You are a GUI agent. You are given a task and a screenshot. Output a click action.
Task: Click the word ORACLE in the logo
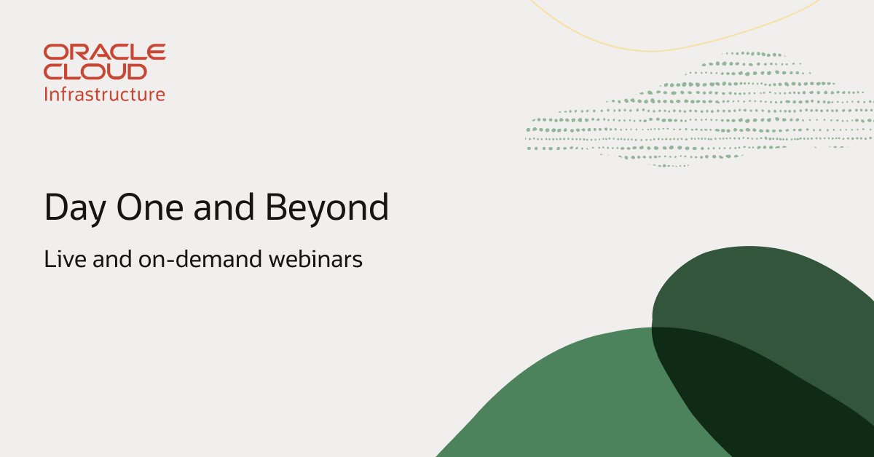point(105,52)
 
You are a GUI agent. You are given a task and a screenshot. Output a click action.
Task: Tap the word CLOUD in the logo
point(95,71)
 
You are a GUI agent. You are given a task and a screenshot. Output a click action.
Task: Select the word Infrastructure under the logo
point(105,94)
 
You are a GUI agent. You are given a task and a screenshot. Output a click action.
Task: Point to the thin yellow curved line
point(655,49)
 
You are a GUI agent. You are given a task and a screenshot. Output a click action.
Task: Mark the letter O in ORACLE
point(53,52)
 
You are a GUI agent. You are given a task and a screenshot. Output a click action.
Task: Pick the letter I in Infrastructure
point(47,94)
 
